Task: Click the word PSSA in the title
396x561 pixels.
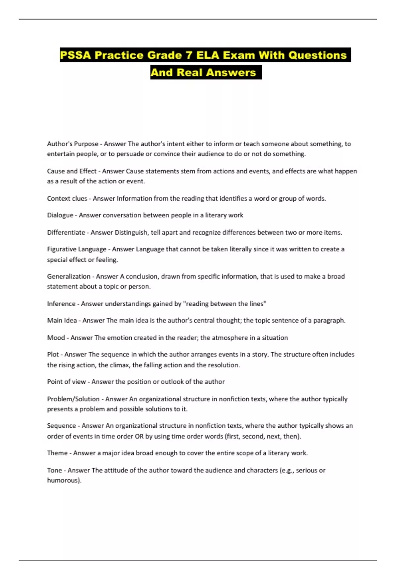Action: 76,55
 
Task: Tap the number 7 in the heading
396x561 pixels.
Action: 188,55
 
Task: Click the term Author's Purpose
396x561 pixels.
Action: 73,144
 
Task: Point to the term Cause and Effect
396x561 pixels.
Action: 72,171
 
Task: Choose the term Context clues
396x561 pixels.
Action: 67,199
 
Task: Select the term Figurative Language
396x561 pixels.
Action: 77,249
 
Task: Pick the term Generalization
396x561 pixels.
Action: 68,277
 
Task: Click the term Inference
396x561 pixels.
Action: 61,304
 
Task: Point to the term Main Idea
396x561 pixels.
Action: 62,320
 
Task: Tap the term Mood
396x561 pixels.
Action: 56,338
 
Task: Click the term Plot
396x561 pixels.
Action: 53,354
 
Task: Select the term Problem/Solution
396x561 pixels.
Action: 73,399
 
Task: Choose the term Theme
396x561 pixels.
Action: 57,453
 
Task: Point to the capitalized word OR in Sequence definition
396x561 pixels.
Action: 139,436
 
